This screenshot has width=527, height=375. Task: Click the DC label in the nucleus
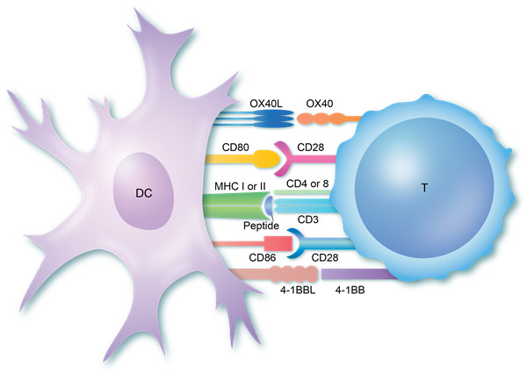point(144,193)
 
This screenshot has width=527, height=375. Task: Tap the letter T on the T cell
point(424,188)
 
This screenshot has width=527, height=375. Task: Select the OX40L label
point(266,104)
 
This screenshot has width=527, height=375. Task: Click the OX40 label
point(320,104)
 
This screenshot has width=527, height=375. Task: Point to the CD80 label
point(235,148)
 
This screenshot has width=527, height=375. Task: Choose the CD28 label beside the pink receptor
point(311,148)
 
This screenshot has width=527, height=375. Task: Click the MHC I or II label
point(240,186)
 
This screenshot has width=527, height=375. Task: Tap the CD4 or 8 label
point(307,184)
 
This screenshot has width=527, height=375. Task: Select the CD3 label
point(308,220)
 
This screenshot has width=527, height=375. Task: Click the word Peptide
point(261,226)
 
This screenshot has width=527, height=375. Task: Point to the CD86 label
point(263,257)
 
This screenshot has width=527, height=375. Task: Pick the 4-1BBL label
point(298,290)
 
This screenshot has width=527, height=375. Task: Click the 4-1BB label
point(350,290)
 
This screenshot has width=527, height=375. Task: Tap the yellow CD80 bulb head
point(267,159)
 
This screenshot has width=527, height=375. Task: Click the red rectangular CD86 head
point(278,243)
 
